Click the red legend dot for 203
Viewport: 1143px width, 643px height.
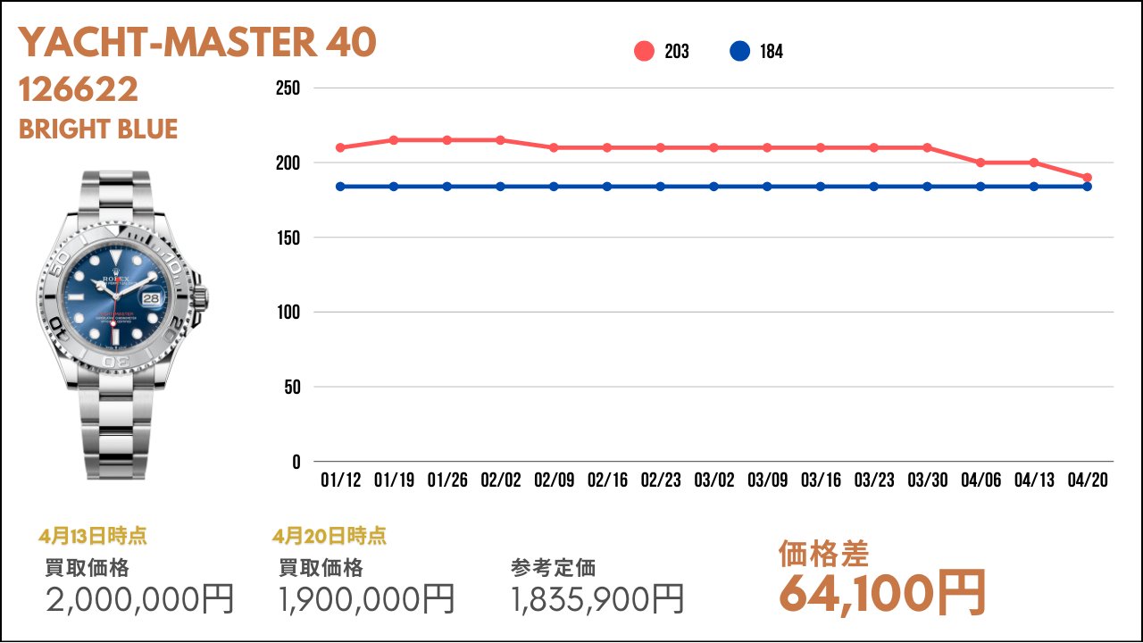[645, 52]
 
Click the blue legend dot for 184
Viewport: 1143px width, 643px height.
[739, 52]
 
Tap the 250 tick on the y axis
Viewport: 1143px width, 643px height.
[288, 88]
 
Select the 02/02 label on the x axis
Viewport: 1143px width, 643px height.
[500, 480]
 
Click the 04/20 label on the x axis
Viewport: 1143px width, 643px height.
[1088, 480]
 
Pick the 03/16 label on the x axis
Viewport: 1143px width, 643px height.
[821, 480]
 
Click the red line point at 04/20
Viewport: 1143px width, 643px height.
[1088, 178]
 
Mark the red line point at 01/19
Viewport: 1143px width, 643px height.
[394, 140]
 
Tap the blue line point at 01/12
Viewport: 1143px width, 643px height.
[340, 187]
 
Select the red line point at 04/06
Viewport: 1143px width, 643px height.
[980, 163]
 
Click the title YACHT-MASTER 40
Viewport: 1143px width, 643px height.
[197, 43]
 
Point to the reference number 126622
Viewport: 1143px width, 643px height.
[79, 89]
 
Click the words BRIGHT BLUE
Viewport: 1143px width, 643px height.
[98, 129]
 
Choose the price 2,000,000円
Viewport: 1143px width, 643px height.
[139, 599]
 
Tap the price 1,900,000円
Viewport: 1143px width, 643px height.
[367, 599]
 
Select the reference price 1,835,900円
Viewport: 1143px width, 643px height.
[597, 599]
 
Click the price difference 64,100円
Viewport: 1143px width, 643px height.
[882, 592]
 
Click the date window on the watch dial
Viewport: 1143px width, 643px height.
[151, 299]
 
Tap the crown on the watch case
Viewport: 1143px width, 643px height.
[203, 295]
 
